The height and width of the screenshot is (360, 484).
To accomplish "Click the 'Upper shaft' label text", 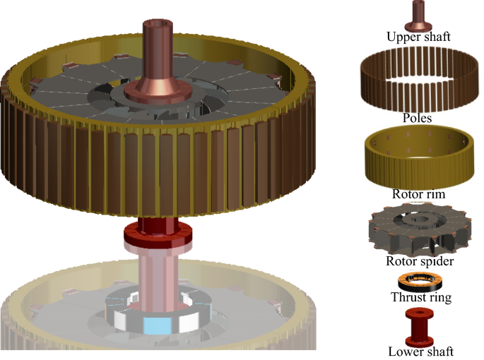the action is [418, 37].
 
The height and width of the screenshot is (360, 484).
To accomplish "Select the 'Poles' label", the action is [417, 118].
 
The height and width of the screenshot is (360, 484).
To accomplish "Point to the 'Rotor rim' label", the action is [418, 194].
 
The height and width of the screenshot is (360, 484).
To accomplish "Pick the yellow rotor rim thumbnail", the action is [419, 157].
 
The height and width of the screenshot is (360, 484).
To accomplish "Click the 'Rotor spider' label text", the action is [420, 261].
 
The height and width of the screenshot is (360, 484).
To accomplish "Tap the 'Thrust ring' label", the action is [421, 297].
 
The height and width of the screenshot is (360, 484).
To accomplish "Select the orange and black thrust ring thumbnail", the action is [420, 282].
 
